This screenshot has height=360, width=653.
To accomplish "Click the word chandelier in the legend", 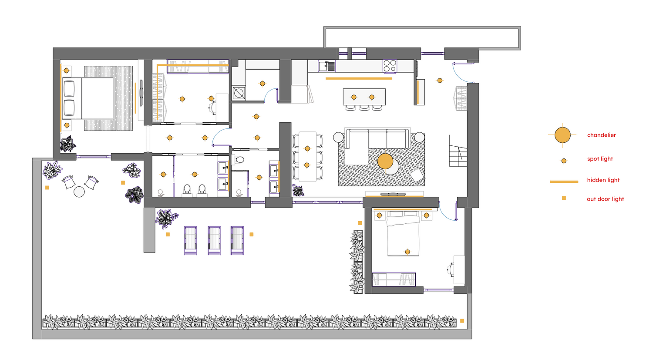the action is click(601, 135).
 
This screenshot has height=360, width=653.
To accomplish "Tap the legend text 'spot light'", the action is click(600, 159).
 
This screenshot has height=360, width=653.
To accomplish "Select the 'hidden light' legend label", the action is click(603, 180).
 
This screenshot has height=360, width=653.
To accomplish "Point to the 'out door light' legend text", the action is click(605, 199).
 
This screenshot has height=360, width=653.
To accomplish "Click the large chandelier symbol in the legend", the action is click(562, 135).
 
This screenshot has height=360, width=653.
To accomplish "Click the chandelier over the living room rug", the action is click(385, 161).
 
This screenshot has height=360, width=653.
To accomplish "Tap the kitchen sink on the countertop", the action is click(326, 66).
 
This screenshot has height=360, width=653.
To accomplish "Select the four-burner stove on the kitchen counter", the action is click(390, 66).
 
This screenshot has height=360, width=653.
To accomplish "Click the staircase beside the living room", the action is click(458, 151).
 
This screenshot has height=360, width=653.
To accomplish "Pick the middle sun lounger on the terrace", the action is click(214, 240).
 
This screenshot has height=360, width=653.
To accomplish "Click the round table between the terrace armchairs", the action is click(79, 192).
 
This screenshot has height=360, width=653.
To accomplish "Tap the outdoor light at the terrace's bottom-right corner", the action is click(462, 321).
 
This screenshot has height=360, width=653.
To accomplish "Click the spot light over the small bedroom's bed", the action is click(407, 252).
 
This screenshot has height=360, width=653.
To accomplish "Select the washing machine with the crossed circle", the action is click(239, 93).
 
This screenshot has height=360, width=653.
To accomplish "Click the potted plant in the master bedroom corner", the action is click(68, 144).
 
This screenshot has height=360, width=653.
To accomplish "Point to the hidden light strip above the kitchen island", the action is click(359, 78).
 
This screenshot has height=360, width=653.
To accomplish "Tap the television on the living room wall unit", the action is click(393, 194).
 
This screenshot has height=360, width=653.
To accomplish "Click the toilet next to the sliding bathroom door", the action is click(239, 160).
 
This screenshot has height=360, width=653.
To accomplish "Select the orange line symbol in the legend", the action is click(564, 182).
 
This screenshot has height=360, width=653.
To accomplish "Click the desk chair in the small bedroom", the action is click(451, 269).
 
